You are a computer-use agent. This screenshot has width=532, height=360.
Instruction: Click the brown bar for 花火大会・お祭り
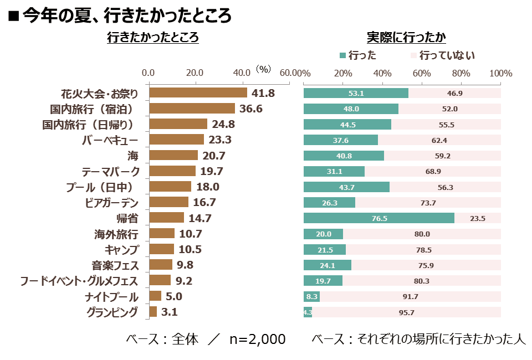(x=198, y=93)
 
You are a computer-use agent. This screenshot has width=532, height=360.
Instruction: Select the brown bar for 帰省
(x=167, y=218)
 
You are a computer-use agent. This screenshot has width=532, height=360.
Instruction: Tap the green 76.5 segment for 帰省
(x=379, y=218)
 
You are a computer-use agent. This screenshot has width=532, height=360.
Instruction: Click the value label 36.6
(x=251, y=109)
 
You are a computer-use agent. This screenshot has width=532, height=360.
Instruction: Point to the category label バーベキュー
(x=110, y=140)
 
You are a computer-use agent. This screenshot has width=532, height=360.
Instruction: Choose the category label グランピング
(x=112, y=312)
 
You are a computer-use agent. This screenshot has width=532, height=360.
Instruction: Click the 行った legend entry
(x=359, y=55)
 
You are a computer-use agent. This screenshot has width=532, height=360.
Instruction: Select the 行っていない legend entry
(x=443, y=55)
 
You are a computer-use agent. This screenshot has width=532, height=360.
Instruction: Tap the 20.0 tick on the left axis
(x=195, y=73)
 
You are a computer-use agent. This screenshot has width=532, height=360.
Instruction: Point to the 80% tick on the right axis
(x=461, y=73)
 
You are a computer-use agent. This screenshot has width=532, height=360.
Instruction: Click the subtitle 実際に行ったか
(x=406, y=37)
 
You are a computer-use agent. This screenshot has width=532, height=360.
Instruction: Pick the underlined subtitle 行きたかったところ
(x=153, y=37)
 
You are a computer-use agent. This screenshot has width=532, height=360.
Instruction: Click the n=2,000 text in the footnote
(x=258, y=339)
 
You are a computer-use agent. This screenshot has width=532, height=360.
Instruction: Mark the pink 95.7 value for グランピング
(x=406, y=312)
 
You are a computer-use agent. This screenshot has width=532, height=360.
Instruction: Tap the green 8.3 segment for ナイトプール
(x=312, y=297)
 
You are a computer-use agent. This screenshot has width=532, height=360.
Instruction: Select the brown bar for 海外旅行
(x=162, y=233)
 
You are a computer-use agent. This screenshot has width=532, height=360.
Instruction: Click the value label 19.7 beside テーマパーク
(x=212, y=171)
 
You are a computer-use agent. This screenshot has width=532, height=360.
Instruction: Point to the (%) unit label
(x=263, y=69)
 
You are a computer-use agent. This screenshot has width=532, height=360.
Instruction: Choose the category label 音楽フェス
(x=115, y=265)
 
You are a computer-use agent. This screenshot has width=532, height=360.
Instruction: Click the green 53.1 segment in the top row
(x=356, y=93)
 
